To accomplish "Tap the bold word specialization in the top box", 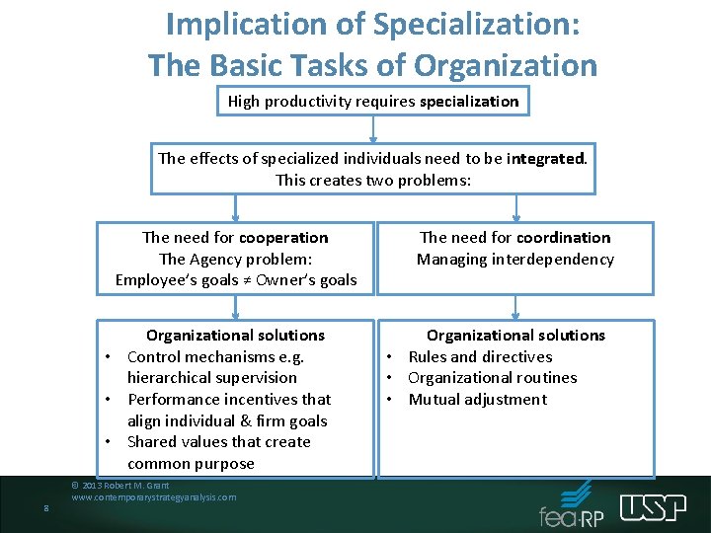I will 469,101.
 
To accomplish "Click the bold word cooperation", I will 283,237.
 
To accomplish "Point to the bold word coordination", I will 563,237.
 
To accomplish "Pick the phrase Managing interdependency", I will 514,259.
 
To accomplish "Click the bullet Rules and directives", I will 480,356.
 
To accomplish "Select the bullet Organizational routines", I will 492,377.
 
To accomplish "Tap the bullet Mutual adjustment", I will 477,399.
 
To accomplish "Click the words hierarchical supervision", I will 211,377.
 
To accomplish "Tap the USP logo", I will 653,507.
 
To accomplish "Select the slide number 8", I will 46,509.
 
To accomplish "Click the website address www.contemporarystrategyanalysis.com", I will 153,497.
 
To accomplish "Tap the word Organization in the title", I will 506,65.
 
